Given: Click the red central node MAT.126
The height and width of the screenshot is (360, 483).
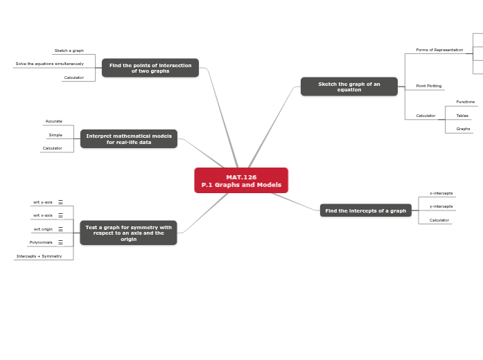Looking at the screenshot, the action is click(241, 181).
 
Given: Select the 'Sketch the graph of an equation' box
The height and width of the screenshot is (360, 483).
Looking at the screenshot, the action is click(349, 87).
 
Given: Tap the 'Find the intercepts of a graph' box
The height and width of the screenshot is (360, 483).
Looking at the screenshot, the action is click(365, 210).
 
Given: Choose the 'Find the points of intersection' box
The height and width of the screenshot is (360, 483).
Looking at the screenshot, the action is click(150, 68).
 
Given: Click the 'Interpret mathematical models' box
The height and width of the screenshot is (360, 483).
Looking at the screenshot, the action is click(128, 139).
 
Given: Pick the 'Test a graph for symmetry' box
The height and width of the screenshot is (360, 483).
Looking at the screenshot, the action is click(128, 233).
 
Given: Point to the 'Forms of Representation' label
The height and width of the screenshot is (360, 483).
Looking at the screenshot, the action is click(439, 50).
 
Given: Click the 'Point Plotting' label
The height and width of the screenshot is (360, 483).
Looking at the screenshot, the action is click(429, 86).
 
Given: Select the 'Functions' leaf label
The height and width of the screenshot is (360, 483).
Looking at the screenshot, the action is click(466, 102).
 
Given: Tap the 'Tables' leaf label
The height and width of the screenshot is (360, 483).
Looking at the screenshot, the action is click(462, 116).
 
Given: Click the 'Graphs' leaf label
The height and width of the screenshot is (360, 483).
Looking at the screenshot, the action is click(463, 129).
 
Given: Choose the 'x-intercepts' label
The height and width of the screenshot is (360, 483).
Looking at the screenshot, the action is click(441, 193).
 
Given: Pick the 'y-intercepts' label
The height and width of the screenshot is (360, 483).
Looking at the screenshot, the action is click(441, 206).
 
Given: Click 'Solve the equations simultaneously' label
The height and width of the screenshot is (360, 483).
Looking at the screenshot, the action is click(49, 64).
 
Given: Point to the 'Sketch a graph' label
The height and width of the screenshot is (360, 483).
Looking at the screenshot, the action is click(69, 51).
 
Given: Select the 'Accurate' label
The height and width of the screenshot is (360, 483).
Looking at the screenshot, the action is click(54, 121).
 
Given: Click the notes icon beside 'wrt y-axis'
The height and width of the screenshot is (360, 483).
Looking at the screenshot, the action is click(60, 202).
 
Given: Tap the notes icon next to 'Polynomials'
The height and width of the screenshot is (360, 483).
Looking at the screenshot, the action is click(60, 242).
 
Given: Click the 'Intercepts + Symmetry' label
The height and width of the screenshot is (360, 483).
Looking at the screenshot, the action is click(39, 256).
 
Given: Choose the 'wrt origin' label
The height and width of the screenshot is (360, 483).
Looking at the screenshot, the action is click(43, 229).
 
